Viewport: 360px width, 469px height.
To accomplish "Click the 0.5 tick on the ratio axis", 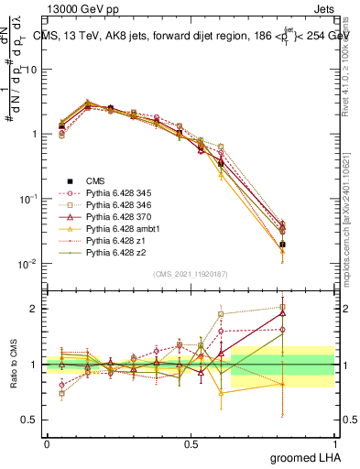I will pos(28,420).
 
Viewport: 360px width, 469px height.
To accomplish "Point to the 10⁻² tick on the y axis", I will pos(25,264).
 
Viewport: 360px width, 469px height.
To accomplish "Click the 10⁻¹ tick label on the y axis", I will pos(25,199).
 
